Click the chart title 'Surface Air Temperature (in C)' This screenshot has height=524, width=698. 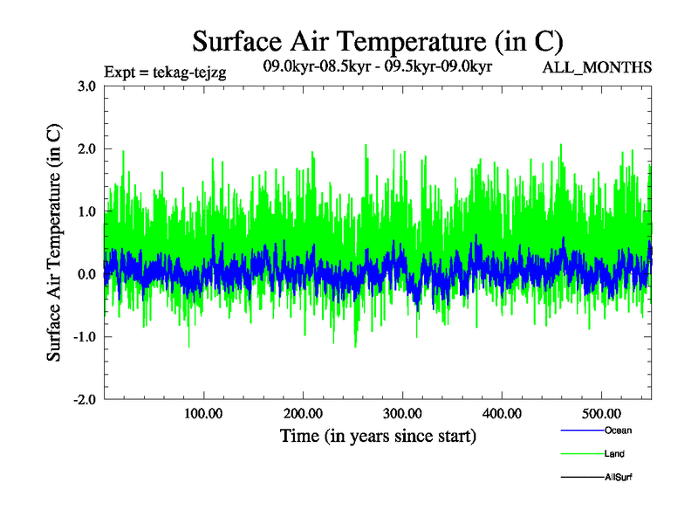click(377, 41)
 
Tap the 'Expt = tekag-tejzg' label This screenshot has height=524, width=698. click(165, 73)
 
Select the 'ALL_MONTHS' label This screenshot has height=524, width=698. click(598, 67)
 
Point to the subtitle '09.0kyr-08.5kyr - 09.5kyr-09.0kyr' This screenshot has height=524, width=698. click(379, 65)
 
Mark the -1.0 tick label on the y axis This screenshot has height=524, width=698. click(85, 337)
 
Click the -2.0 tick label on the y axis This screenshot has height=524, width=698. click(85, 400)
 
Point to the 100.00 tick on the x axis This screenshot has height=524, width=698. click(203, 413)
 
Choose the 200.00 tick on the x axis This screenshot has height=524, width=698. click(303, 413)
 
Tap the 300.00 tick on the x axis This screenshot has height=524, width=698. click(402, 413)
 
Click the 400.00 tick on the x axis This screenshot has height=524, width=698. click(502, 413)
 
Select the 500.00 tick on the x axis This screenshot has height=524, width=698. click(601, 413)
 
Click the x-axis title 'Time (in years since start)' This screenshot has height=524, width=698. click(378, 435)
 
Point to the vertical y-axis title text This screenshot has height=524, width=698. click(54, 243)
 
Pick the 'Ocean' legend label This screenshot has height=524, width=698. click(617, 431)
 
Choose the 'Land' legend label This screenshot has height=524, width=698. click(614, 454)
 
